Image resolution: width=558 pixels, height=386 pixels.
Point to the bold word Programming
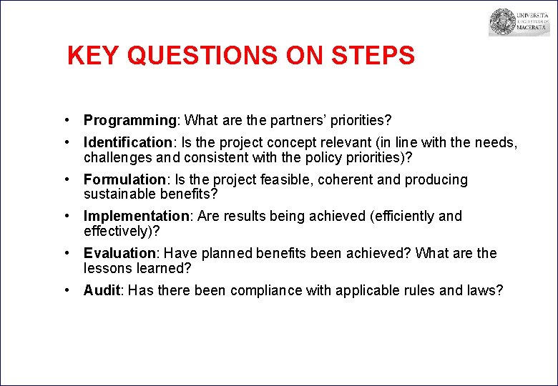(x=129, y=120)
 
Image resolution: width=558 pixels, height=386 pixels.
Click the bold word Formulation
(x=124, y=179)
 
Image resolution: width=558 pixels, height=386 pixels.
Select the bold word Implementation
(x=135, y=216)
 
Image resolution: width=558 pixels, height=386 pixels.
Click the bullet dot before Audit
(x=66, y=290)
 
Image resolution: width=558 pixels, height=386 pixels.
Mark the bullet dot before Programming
(x=66, y=120)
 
